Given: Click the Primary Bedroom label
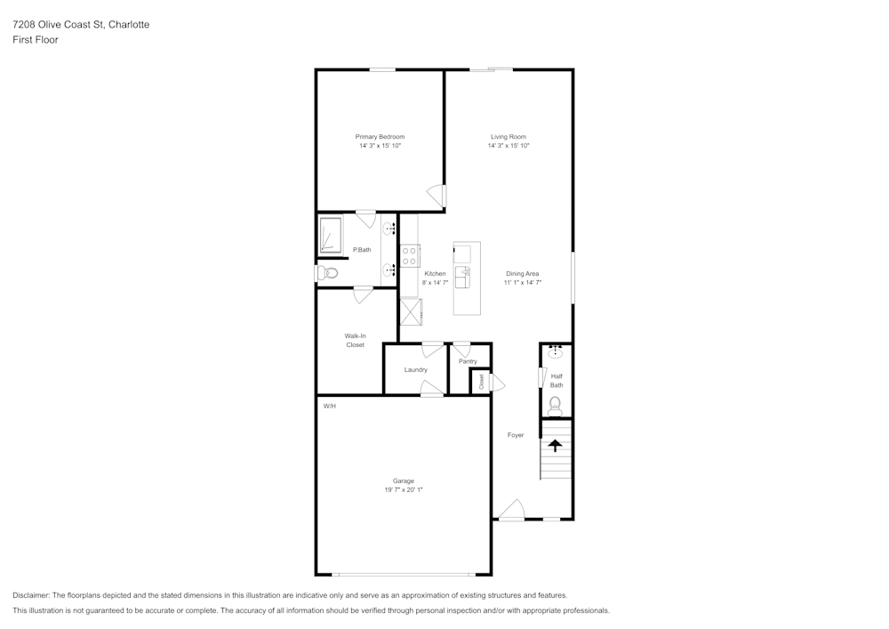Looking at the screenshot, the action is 380,137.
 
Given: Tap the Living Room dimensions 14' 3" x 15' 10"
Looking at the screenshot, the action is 509,146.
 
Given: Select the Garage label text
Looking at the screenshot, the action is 403,481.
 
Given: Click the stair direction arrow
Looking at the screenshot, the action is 555,446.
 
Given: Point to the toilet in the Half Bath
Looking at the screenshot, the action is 555,405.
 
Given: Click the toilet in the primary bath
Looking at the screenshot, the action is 327,273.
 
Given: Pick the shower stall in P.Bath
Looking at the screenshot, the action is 331,235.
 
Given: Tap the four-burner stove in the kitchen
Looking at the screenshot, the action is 409,256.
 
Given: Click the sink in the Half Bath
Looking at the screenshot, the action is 555,352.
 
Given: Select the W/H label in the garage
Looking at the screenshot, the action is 330,406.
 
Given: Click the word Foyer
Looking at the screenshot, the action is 516,435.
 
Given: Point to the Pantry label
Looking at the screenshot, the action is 468,361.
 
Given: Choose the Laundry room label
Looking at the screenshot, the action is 415,370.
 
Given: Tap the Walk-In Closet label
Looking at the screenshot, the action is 356,341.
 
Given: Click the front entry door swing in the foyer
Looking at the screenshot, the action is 512,509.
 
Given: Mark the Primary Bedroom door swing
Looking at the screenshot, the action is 436,197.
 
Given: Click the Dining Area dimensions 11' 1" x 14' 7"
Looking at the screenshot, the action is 523,282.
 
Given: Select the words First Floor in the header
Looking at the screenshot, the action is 36,40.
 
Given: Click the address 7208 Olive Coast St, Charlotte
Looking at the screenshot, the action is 81,24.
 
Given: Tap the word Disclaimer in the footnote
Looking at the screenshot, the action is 31,595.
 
